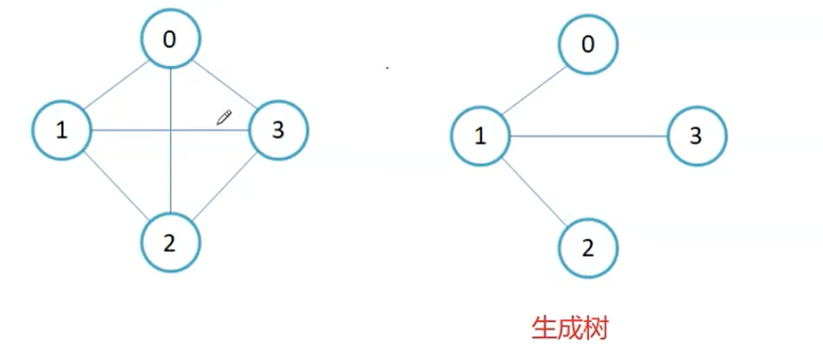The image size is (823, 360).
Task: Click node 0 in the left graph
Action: (x=170, y=39)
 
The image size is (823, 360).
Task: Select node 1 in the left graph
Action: (x=62, y=131)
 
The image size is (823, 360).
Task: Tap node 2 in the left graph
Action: (x=170, y=244)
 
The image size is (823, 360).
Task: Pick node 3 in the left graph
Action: (x=277, y=131)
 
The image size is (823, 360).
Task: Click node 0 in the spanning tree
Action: (x=588, y=45)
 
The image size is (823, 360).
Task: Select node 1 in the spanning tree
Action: (x=480, y=136)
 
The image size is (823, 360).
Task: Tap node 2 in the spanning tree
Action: (x=588, y=249)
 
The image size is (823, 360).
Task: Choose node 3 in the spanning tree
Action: (x=696, y=136)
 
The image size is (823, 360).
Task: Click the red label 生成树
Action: (x=569, y=328)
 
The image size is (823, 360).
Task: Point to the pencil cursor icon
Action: (x=224, y=118)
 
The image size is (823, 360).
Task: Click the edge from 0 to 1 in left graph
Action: (x=116, y=85)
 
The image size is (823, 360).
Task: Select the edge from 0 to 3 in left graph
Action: (x=224, y=85)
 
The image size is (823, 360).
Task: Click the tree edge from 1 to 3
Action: (x=588, y=136)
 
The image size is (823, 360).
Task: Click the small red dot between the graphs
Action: (x=387, y=69)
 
